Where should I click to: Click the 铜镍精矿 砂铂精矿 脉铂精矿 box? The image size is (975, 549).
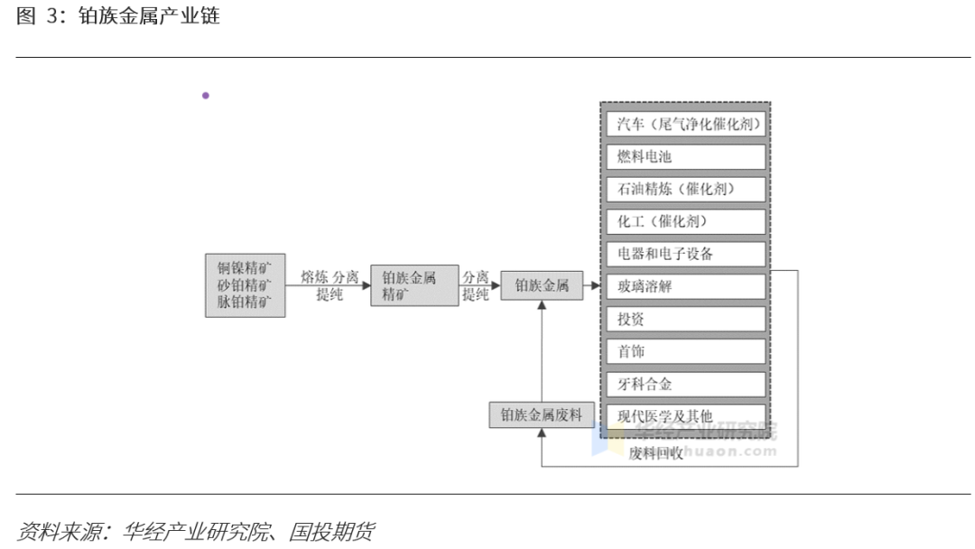coord(245,285)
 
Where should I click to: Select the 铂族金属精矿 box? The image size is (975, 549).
coord(414,285)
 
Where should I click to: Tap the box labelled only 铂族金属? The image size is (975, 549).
coord(542,285)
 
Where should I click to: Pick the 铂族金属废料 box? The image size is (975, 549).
coord(542,415)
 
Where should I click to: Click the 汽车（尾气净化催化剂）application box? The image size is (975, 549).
coord(683,124)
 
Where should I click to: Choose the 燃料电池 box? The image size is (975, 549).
coord(683,156)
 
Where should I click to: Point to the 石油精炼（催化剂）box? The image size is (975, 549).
coord(683,189)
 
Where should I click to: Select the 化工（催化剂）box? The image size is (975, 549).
coord(683,221)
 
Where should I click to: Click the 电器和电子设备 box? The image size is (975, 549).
coord(683,254)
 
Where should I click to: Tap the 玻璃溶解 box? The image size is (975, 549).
coord(683,286)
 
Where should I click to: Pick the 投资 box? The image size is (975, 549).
coord(683,319)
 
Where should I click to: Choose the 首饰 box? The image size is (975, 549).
coord(683,351)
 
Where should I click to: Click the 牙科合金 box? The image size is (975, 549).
coord(683,384)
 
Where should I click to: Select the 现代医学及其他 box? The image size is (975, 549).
coord(683,416)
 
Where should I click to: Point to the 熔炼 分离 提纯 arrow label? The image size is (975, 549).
coord(330,285)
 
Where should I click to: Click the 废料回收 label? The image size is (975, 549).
coord(656,453)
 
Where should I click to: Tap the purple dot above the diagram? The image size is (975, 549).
coord(206,95)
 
